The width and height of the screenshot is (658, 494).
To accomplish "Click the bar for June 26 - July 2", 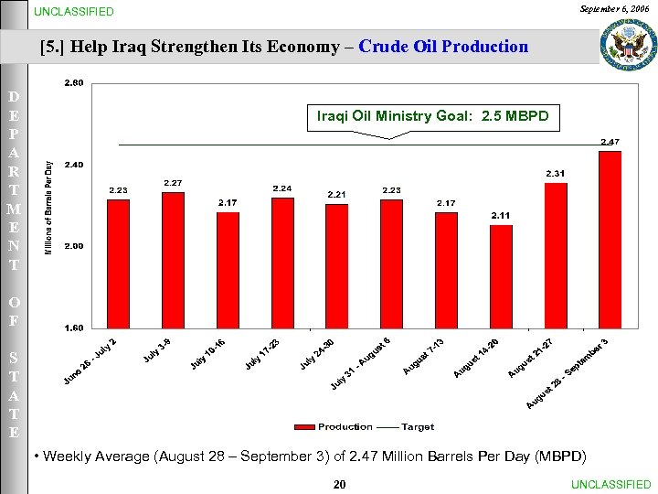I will [118, 263].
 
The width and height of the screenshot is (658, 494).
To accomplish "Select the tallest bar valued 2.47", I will [610, 240].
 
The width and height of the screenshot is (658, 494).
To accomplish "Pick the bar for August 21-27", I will [555, 255].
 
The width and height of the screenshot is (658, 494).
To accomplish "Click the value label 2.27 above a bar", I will [173, 183].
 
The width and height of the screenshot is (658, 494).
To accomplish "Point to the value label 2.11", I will [501, 215].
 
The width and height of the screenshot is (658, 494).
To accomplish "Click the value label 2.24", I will [282, 188].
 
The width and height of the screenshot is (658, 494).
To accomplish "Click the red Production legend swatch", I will [304, 427].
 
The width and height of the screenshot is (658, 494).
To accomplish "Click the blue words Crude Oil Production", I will [443, 47].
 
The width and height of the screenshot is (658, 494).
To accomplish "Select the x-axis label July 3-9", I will [157, 349].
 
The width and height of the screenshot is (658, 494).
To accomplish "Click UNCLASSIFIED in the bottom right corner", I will [610, 485].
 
